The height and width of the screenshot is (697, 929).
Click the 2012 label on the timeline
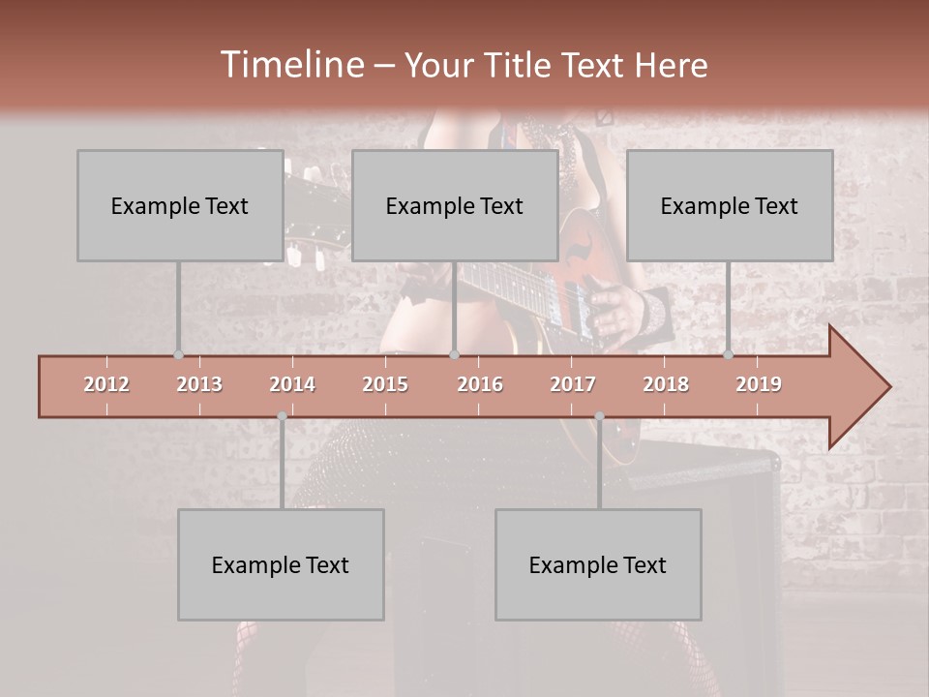[x=106, y=384]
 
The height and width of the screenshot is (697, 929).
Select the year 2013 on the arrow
[x=199, y=384]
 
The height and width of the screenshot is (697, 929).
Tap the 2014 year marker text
[x=292, y=384]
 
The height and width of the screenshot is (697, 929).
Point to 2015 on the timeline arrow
[x=385, y=384]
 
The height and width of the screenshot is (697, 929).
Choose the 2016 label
[x=480, y=384]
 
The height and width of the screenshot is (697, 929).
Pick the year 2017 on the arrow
[x=573, y=384]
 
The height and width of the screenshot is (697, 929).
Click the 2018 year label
[x=666, y=384]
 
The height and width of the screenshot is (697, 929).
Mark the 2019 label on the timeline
[x=759, y=384]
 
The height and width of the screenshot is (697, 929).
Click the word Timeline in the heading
[x=290, y=65]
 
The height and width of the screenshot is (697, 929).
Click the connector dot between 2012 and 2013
[x=178, y=355]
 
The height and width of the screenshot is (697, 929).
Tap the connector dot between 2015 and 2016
[x=454, y=355]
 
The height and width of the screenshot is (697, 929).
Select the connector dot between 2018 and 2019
[x=728, y=355]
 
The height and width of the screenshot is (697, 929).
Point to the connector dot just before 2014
[x=282, y=416]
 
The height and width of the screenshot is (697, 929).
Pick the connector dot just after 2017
[x=599, y=416]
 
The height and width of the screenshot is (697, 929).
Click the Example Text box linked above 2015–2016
[x=455, y=205]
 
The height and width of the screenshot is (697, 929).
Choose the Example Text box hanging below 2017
[x=598, y=564]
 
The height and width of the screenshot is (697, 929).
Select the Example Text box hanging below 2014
[x=281, y=564]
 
